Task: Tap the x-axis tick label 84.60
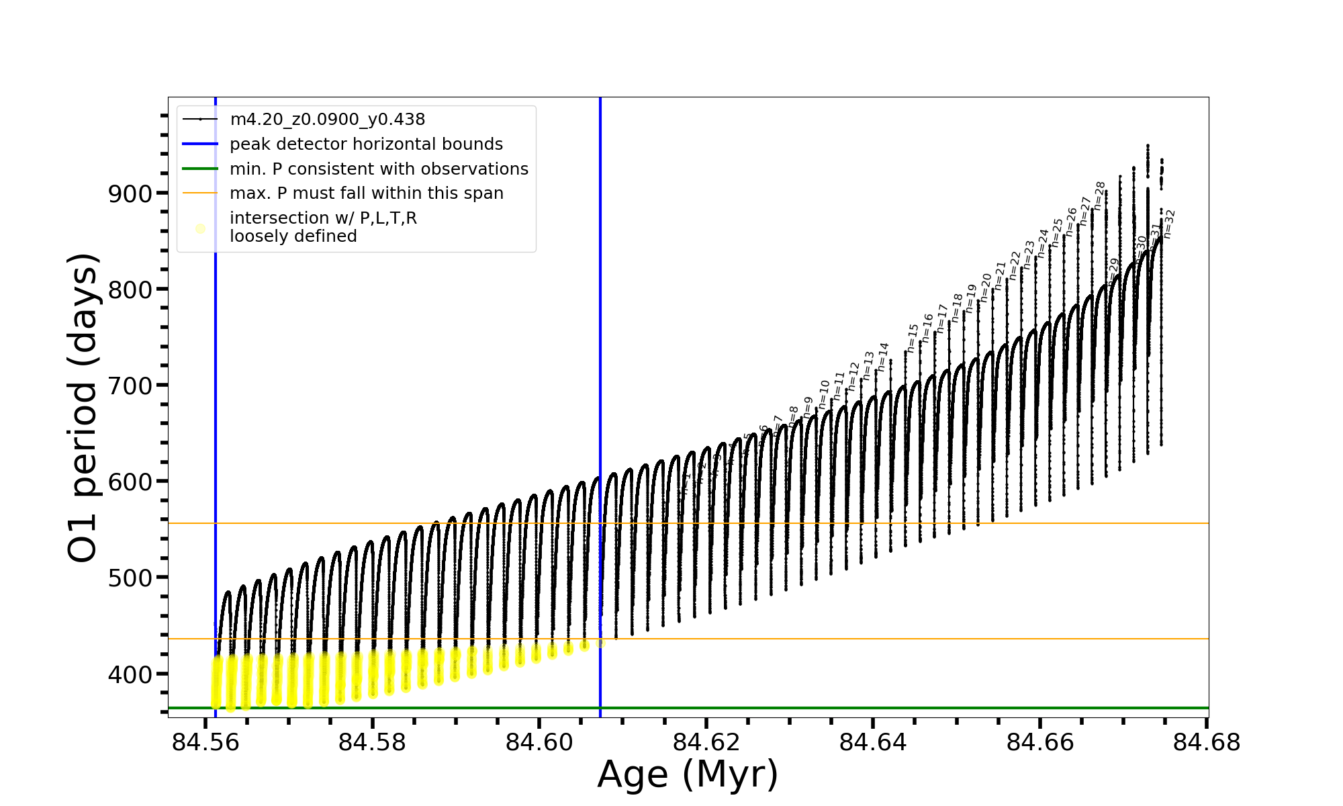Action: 539,742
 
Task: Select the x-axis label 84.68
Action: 1207,742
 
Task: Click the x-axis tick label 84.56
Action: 205,742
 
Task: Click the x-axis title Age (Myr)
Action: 688,774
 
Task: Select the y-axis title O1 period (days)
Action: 84,408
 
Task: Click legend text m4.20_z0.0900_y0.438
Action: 327,120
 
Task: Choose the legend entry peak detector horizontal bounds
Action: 366,144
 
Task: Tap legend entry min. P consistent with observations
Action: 379,169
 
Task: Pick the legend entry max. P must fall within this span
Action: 366,193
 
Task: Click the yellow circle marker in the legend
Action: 200,229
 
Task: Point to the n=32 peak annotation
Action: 1169,224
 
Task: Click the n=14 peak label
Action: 883,357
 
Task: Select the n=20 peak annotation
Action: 986,287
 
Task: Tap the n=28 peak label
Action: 1099,196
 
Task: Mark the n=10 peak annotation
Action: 824,394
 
